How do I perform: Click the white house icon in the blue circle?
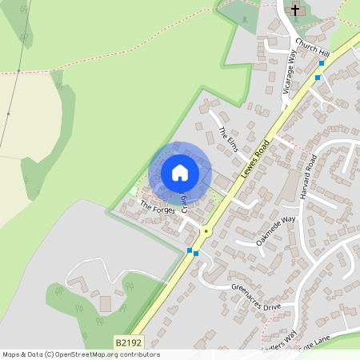click(x=180, y=172)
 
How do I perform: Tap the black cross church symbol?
click(x=296, y=10)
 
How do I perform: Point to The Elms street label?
click(x=229, y=138)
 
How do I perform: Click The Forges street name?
click(x=158, y=208)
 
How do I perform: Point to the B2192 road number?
click(x=128, y=342)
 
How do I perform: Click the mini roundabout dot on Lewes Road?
click(x=206, y=231)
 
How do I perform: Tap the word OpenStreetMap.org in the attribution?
click(x=87, y=354)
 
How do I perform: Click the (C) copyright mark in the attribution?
click(x=50, y=354)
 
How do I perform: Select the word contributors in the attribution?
click(x=139, y=354)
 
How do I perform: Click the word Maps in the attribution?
click(x=12, y=354)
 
